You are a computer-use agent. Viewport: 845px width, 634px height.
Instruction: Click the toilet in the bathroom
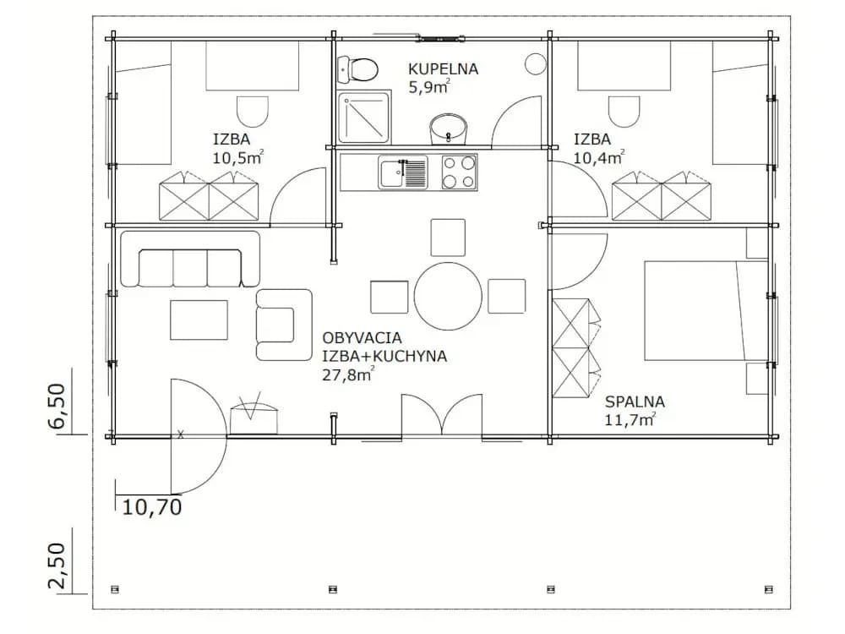(x=357, y=69)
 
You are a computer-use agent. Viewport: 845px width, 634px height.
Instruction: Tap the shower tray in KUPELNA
(x=363, y=117)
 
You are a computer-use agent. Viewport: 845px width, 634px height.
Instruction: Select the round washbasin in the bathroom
(x=448, y=129)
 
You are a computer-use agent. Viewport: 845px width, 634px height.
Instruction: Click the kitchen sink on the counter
(x=402, y=172)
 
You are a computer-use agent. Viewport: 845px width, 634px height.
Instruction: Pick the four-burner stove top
(x=459, y=172)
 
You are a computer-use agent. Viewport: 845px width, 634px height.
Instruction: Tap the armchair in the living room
(x=284, y=325)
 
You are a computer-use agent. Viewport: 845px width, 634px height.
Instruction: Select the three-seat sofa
(x=190, y=259)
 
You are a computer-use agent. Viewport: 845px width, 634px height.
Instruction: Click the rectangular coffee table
(x=199, y=320)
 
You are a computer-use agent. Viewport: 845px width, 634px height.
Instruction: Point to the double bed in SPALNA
(x=706, y=310)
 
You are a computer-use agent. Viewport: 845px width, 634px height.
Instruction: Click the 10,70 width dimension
(x=152, y=506)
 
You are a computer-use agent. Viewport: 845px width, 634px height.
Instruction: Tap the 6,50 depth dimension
(x=57, y=406)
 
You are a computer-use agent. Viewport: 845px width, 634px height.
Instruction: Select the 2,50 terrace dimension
(x=57, y=566)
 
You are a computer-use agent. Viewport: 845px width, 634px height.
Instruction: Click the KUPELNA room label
(x=443, y=69)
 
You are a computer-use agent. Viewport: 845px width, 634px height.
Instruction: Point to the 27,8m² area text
(x=347, y=374)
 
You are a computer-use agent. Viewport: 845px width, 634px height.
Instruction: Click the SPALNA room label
(x=635, y=402)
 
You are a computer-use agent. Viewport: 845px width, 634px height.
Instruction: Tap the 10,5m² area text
(x=238, y=157)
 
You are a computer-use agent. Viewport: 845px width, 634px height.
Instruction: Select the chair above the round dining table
(x=448, y=238)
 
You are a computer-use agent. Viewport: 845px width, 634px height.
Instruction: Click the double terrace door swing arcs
(x=442, y=414)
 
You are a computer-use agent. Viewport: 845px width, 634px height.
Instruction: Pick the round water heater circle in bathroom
(x=535, y=64)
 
